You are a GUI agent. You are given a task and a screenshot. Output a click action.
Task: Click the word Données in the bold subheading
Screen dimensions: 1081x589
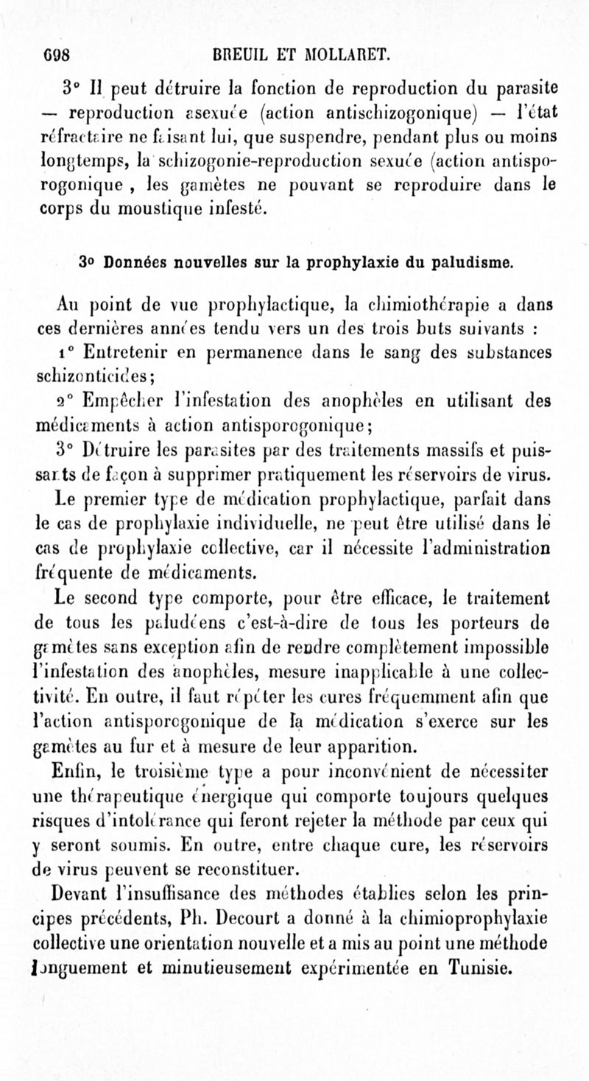tap(135, 262)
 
